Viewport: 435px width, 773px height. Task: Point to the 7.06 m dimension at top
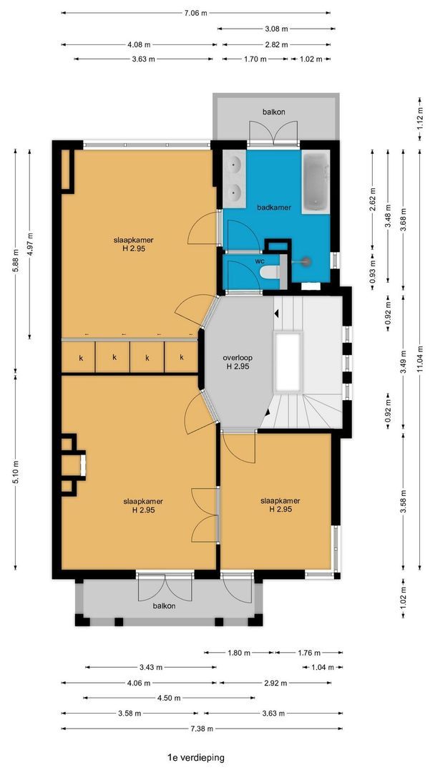coord(195,13)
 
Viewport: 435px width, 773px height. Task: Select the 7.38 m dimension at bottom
coord(195,729)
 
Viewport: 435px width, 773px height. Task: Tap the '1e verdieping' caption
coord(195,757)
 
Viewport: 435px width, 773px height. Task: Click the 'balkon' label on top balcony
coord(273,112)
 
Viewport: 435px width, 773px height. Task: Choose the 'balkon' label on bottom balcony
coord(164,606)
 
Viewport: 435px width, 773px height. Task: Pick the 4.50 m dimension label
coord(170,698)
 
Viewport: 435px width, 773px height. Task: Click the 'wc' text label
coord(259,262)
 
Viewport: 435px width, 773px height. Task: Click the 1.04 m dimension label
coord(323,668)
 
